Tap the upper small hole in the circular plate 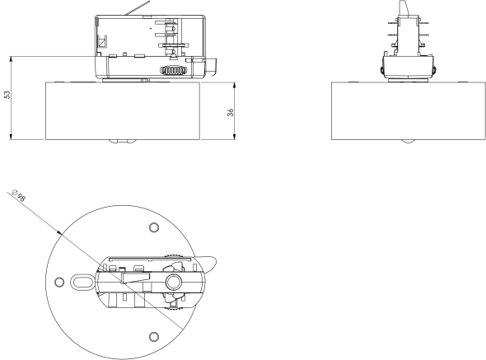[x=153, y=227]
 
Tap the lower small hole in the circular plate [x=153, y=335]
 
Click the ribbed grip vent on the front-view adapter [x=172, y=72]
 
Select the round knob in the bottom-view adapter [x=174, y=282]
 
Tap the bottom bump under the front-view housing [x=122, y=143]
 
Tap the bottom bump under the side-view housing [x=408, y=143]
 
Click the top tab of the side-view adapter [x=404, y=7]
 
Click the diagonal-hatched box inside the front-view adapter [x=103, y=44]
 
